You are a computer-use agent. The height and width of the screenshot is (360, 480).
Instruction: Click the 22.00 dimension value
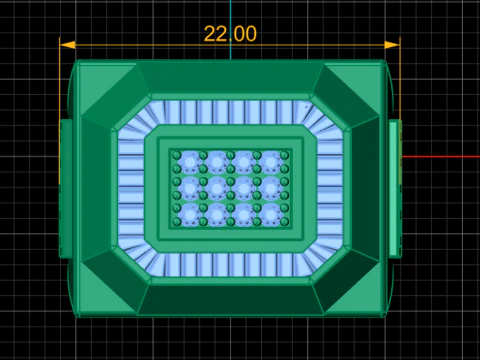point(230,34)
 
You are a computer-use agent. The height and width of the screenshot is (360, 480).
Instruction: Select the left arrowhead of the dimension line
point(68,45)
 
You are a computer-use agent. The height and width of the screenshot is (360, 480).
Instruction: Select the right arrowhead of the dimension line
point(392,45)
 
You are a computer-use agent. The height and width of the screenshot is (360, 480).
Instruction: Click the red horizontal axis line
point(441,157)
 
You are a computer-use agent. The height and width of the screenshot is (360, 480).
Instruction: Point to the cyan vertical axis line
point(230,30)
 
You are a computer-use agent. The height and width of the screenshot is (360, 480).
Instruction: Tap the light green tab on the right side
point(395,189)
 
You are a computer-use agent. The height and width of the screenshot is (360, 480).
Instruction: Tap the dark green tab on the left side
point(66,189)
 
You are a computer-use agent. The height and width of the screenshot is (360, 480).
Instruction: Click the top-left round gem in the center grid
point(190,162)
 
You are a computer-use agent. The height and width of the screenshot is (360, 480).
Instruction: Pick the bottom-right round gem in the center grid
point(271,215)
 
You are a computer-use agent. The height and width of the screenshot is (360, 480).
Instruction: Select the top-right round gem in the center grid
point(271,162)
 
